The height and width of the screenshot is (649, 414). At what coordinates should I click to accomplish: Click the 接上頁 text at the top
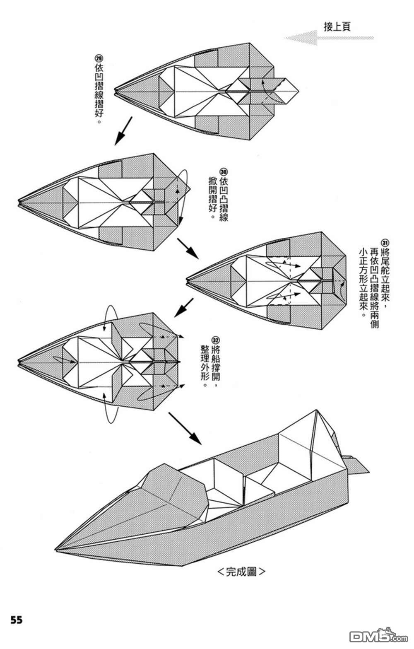click(x=337, y=27)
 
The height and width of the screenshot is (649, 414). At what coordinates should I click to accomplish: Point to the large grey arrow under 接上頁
click(x=327, y=39)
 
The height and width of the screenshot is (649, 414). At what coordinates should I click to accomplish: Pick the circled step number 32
click(x=215, y=338)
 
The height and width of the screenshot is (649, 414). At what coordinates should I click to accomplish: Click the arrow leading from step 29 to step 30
click(x=123, y=131)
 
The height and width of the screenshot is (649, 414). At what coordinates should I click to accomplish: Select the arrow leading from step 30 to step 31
click(x=188, y=248)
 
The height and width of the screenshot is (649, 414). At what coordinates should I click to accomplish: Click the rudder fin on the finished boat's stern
click(x=357, y=464)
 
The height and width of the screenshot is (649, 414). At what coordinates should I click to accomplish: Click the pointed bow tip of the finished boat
click(x=58, y=549)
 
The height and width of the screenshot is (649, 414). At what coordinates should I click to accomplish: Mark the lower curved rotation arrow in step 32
click(x=111, y=410)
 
